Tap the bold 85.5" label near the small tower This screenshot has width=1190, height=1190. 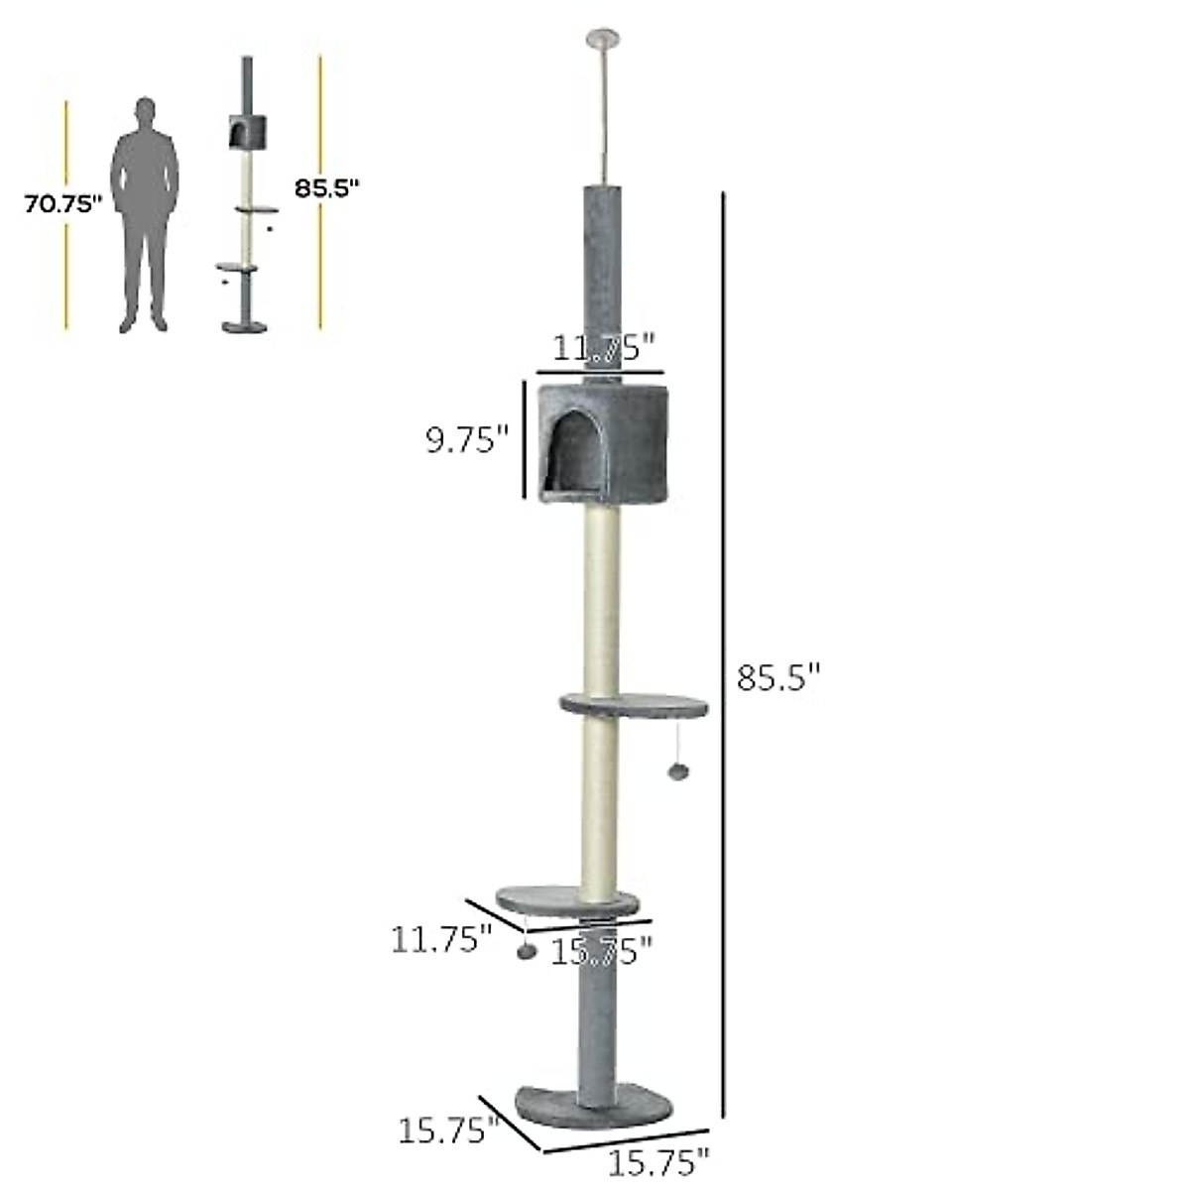point(326,187)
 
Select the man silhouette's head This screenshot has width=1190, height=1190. point(145,113)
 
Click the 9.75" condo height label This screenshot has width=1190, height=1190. point(467,441)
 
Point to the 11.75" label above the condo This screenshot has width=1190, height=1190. point(603,348)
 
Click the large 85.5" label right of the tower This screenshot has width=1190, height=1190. point(779,677)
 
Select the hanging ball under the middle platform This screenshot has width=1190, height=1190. point(679,772)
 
